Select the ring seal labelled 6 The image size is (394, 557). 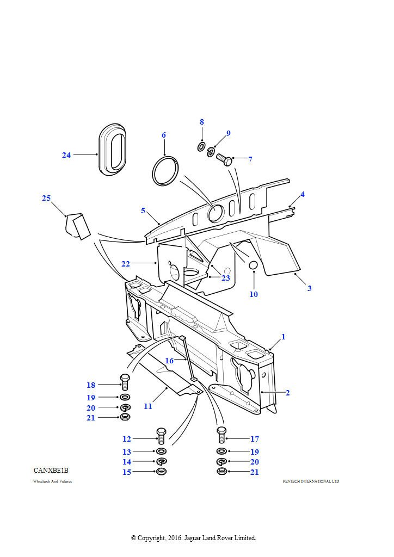165,171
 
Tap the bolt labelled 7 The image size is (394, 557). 223,160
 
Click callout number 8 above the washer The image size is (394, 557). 201,122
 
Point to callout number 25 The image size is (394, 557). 46,198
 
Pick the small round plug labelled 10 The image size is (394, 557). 253,265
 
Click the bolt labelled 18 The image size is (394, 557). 124,382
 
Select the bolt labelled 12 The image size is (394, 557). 161,436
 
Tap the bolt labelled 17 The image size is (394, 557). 221,436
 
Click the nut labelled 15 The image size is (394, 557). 161,472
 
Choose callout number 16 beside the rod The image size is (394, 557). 169,361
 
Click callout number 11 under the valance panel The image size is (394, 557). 148,406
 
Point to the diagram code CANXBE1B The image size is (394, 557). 51,470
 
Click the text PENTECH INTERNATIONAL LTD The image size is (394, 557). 311,481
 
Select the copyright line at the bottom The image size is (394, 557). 193,538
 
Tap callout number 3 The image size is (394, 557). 309,288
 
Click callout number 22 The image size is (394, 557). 126,264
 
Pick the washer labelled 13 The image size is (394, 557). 161,452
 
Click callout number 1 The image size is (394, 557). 283,337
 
